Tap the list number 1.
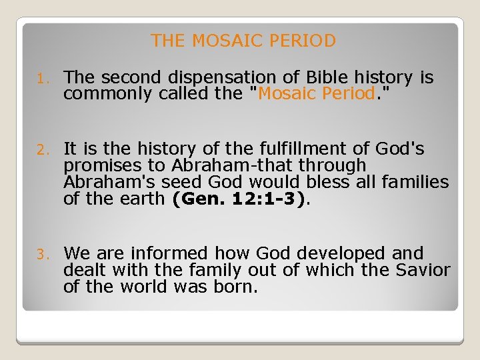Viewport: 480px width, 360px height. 41,79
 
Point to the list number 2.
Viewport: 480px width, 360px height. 41,149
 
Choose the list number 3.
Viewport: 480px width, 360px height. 41,254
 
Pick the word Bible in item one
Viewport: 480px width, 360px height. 330,78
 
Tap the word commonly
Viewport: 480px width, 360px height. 109,93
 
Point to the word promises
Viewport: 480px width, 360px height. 103,165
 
